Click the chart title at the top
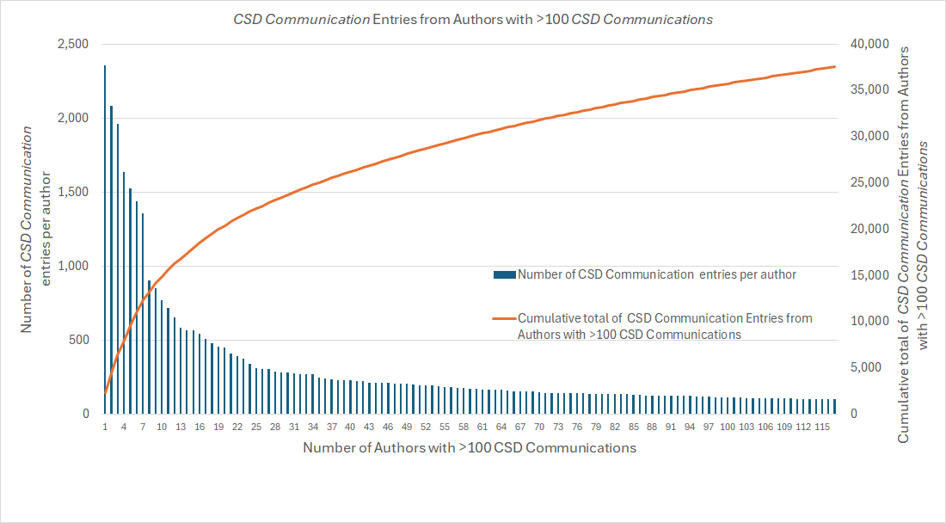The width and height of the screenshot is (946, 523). pos(473,19)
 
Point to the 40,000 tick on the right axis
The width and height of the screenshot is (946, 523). pos(863,44)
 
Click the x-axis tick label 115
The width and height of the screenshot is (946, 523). pos(822,427)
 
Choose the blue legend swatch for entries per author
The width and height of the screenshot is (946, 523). pos(504,275)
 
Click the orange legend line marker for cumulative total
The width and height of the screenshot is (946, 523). pos(504,318)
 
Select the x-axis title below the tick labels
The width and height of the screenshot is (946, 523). pos(470,448)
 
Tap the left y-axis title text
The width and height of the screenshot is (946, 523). pos(38,228)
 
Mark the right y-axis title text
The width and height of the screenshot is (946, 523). pos(913,245)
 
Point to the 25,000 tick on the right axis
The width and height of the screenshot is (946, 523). pos(863,182)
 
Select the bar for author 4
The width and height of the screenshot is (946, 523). pos(124,292)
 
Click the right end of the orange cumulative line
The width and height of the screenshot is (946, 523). pos(834,67)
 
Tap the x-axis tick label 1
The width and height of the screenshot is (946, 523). pos(105,427)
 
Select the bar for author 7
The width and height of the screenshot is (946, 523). pos(143,313)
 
